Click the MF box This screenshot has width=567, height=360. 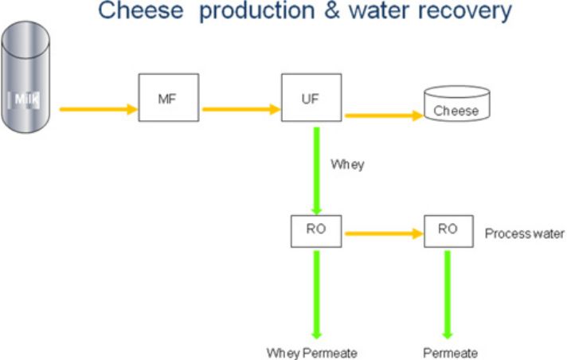169,98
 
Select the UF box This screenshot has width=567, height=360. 311,98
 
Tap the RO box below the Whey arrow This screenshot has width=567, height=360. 316,231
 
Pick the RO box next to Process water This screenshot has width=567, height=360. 448,231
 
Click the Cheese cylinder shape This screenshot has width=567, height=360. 457,104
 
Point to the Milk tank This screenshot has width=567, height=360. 25,77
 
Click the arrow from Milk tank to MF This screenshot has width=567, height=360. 99,109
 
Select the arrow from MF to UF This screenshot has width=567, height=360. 241,109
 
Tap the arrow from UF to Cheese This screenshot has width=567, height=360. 384,115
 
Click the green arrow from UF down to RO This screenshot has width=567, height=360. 316,171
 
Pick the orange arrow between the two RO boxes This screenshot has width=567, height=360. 384,233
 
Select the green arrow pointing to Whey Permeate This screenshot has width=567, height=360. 316,295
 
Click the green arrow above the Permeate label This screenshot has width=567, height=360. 448,295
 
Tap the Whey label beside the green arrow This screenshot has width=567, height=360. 347,165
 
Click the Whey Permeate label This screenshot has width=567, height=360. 311,353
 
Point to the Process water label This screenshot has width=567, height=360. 524,233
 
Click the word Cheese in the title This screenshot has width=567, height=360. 141,10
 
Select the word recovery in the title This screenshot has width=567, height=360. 464,12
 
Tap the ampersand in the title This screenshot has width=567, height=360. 332,10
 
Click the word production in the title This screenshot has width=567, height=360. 257,12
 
